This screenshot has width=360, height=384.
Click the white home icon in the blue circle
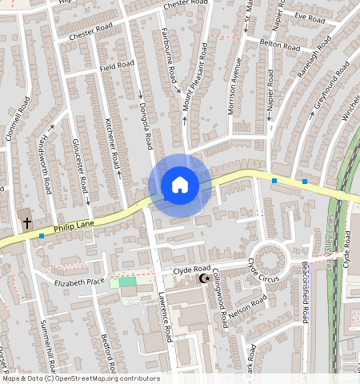(x=180, y=185)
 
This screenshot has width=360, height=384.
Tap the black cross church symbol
(x=26, y=222)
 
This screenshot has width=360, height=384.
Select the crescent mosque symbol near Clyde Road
(x=203, y=278)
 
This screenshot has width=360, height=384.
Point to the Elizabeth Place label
(x=79, y=282)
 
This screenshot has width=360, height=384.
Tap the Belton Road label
(x=279, y=46)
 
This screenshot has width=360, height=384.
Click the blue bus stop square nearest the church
(x=42, y=236)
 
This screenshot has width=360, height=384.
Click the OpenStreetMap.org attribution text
(x=80, y=378)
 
